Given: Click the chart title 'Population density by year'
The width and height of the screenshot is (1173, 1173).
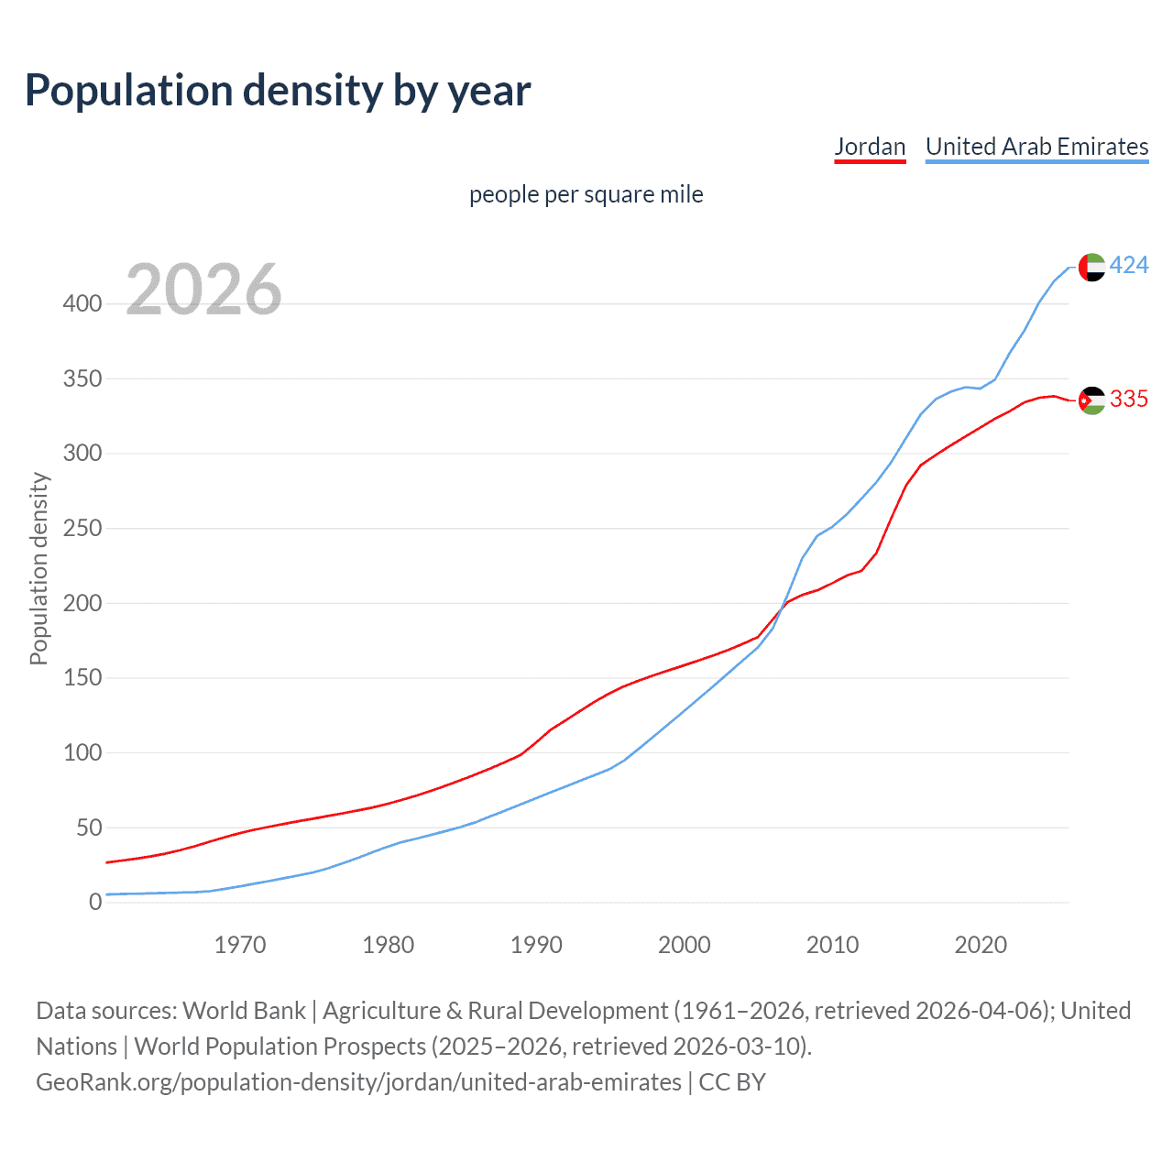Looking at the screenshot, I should pos(278,90).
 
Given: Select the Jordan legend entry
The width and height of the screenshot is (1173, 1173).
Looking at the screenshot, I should pos(870,147).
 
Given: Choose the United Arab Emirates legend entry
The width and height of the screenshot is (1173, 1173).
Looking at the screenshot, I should pos(1036,147).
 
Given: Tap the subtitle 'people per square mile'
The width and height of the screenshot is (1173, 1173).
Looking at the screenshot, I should pos(586,194).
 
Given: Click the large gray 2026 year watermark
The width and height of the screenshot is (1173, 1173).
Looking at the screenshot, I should pos(203,290).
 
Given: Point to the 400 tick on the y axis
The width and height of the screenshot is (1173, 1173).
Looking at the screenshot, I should pos(82,303).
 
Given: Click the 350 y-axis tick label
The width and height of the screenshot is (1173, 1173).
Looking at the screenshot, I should pos(82,378).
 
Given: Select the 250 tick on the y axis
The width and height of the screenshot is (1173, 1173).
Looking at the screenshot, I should pos(82,528).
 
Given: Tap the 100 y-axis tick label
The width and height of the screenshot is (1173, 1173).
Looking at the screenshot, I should pos(82,752).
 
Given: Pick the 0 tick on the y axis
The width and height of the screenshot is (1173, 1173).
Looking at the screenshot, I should pos(94,902).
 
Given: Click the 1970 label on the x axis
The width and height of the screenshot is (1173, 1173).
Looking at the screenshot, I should pos(240,944).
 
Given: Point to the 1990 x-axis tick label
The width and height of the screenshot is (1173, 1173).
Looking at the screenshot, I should pos(536,944).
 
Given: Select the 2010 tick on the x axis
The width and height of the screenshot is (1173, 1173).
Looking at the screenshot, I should pos(832,944).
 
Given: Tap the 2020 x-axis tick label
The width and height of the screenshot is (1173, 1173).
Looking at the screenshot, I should pos(981,944).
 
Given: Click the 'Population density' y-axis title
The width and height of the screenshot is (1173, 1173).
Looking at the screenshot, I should pos(38,568).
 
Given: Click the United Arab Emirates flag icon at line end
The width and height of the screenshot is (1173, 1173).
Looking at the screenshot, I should pos(1091,267).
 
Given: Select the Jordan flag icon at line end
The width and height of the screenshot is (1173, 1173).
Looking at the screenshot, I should pos(1091,400).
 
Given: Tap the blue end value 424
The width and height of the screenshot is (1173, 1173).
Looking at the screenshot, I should pos(1129,266).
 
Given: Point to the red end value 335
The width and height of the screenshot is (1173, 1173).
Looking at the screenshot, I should pos(1129,399).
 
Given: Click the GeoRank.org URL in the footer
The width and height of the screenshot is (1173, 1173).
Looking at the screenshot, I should pos(359,1082).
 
